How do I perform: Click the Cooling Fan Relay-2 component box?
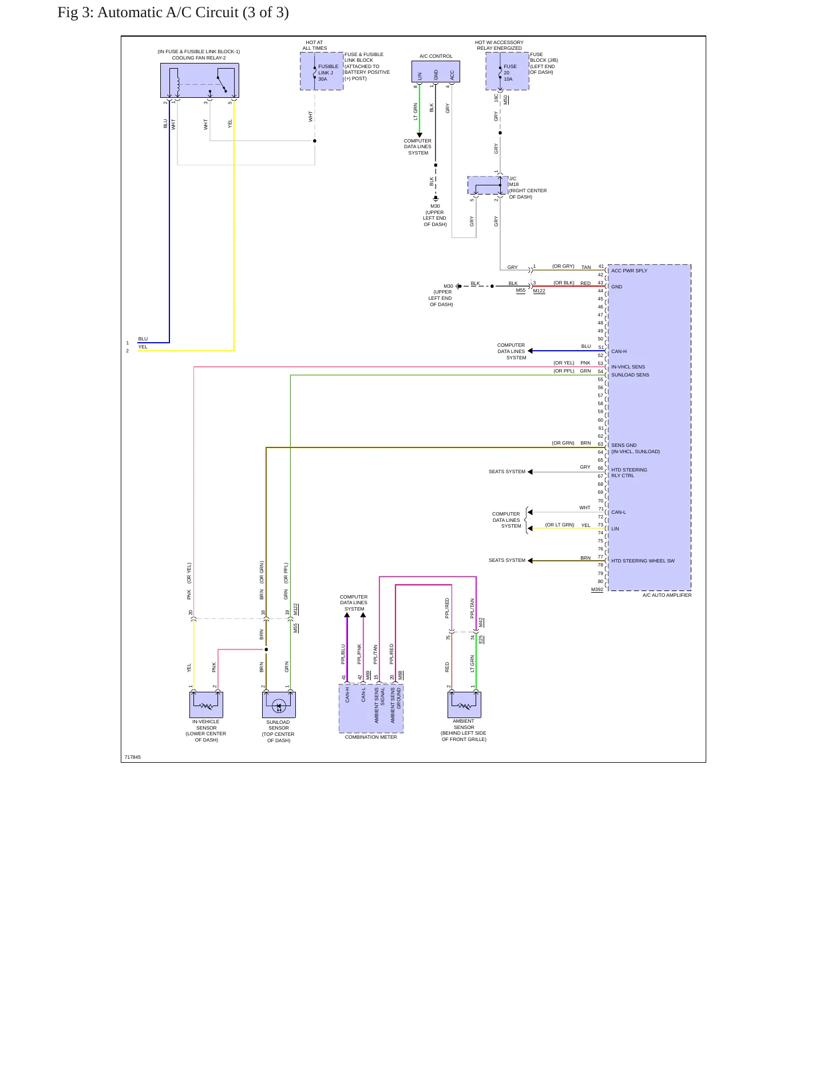[199, 80]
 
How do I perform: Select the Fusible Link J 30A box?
[322, 71]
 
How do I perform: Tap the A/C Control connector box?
[436, 72]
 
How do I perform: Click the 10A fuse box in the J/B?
[507, 71]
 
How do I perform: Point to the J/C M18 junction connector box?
[488, 185]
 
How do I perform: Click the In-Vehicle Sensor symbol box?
[206, 704]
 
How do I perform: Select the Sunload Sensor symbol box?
[279, 704]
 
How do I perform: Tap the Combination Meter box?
[371, 708]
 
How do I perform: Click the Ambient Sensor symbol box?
[464, 704]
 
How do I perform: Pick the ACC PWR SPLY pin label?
[629, 271]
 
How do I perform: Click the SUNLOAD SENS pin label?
[630, 375]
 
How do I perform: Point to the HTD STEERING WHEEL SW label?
[643, 561]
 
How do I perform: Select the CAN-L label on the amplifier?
[619, 512]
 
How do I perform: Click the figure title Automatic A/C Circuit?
[173, 13]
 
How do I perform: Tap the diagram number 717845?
[133, 757]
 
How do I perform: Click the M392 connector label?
[597, 589]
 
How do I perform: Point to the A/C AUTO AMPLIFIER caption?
[667, 595]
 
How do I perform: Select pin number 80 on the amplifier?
[600, 581]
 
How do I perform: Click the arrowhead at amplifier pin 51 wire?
[530, 351]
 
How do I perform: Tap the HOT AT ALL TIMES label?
[315, 45]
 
